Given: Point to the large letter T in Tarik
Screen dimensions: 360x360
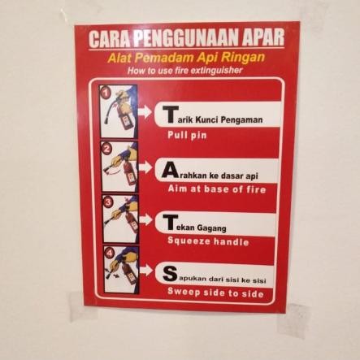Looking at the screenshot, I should [x=170, y=113].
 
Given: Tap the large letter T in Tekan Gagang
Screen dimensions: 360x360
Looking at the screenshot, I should [x=170, y=221].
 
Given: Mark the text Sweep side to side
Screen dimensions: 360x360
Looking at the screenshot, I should [x=215, y=293].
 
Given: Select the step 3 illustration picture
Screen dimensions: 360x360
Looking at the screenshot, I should [x=119, y=218].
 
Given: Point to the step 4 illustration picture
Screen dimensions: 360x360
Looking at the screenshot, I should [x=120, y=269].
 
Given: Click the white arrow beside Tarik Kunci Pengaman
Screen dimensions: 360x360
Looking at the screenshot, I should [x=146, y=112].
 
